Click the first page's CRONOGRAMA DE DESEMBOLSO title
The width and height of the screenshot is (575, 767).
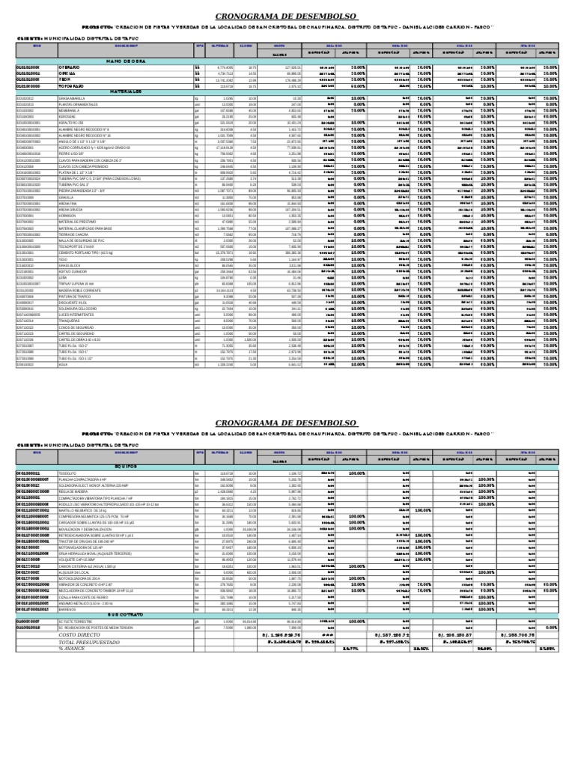pyautogui.click(x=287, y=16)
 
